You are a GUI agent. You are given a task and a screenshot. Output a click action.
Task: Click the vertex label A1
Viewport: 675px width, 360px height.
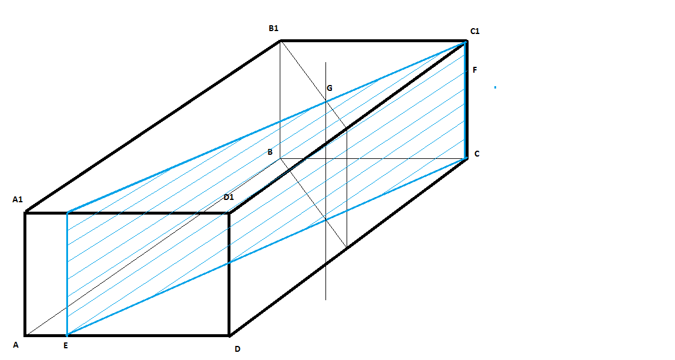point(17,200)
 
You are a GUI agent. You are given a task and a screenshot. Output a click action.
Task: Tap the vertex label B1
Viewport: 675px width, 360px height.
point(273,28)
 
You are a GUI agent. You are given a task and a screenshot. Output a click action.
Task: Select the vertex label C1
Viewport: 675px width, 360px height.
point(474,31)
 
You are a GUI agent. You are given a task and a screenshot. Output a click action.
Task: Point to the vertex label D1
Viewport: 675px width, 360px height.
point(229,197)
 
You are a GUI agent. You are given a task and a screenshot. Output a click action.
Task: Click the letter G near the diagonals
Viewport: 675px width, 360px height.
point(330,88)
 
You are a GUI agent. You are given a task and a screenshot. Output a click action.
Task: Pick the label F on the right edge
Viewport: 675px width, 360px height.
point(474,70)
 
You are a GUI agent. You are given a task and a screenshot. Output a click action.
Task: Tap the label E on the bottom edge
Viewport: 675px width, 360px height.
point(66,345)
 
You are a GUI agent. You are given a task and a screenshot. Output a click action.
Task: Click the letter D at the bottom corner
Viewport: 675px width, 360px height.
point(237,349)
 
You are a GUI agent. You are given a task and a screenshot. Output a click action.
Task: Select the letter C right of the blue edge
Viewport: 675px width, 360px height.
point(477,154)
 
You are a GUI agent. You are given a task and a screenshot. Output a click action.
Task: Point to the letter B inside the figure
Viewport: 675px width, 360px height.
point(270,152)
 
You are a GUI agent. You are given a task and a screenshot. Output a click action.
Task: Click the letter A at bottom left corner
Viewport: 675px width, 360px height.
point(16,345)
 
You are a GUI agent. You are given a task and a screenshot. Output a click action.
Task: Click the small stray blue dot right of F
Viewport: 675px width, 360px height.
point(495,87)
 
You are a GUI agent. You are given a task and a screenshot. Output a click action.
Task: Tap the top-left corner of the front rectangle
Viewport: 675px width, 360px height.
point(25,212)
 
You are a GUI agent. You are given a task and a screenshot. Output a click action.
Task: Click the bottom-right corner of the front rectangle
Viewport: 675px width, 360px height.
point(229,335)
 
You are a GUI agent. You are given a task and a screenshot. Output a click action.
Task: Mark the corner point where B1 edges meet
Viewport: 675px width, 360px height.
point(280,40)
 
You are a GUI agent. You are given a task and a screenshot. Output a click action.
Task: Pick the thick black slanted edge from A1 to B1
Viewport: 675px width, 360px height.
point(152,126)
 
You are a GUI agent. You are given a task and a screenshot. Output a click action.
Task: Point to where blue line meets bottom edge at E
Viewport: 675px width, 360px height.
point(67,335)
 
